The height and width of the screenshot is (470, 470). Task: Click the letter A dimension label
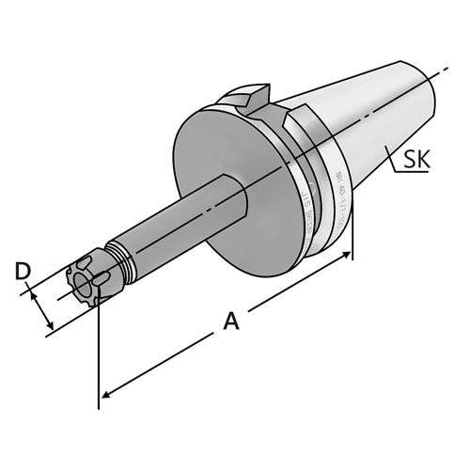230,322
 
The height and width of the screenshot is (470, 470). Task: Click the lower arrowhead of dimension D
50,328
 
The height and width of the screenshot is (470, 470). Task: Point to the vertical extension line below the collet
99,357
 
